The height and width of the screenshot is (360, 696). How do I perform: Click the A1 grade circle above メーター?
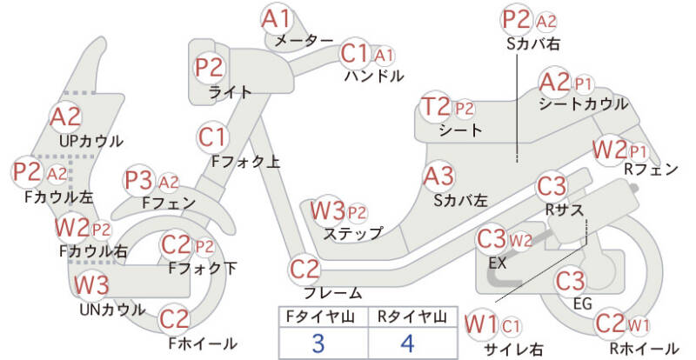pos(276,19)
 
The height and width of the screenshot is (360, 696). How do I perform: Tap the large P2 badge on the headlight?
pos(210,67)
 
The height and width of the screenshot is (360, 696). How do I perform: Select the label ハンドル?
pos(374,76)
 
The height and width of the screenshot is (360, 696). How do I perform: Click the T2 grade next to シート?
pos(438,108)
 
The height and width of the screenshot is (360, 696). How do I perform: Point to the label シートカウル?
pos(583,103)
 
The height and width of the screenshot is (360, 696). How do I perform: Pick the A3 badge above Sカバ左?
pos(439,177)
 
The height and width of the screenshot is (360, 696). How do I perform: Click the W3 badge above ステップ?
pos(328,211)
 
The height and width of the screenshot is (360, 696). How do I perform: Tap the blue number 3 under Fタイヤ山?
pos(319,343)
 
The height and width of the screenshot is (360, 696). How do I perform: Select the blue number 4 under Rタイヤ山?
pos(407,343)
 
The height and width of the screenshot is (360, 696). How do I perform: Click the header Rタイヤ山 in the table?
pos(412,317)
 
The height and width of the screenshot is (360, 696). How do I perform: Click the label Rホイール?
pos(644,348)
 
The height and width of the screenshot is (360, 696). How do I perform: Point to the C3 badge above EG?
pos(571,281)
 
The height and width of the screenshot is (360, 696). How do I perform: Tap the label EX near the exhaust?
pos(497,263)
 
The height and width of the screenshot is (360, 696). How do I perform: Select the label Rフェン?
pos(651,169)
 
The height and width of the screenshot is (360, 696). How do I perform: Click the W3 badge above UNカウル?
pos(91,285)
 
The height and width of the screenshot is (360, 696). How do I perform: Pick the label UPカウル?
pos(91,142)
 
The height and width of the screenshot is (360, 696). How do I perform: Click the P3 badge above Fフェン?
pos(139,181)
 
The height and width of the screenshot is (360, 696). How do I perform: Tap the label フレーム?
pos(333,293)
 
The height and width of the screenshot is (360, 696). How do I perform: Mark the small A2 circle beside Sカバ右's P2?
pos(546,22)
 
